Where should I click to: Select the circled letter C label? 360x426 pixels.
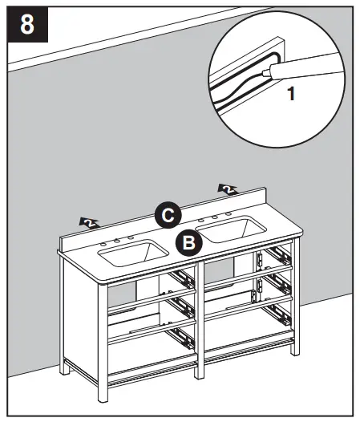(x=167, y=214)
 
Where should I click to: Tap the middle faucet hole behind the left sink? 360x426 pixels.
(x=117, y=240)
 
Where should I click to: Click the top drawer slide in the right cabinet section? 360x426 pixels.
(x=279, y=255)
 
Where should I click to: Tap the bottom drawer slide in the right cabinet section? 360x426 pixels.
(x=280, y=311)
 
